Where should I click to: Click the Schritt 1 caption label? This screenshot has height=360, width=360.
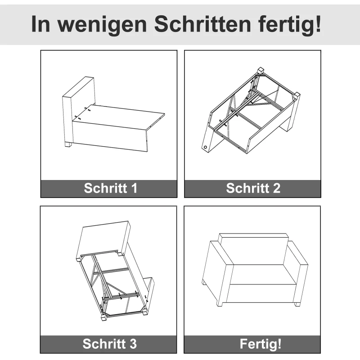point(110,188)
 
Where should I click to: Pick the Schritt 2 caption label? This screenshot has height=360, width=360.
point(253,188)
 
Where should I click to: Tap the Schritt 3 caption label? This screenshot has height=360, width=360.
point(109,344)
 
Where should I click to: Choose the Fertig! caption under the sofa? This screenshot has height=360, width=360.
point(261,344)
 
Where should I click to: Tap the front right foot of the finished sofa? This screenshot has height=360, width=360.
point(297,305)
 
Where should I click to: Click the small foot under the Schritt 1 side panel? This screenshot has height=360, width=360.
point(68,145)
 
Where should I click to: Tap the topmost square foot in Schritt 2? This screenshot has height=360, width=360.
point(260,70)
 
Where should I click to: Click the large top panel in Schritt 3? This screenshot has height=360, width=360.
point(103,238)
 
